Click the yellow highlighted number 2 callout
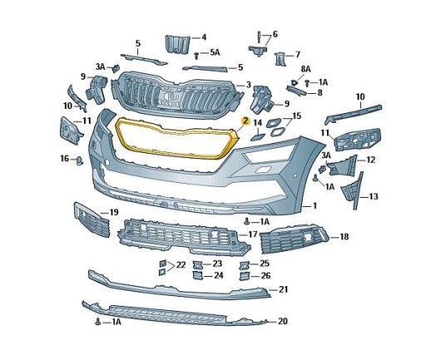[x=245, y=121]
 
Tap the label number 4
[x=204, y=37]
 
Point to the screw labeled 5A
[x=196, y=55]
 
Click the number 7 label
[x=297, y=55]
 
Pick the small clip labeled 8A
[x=294, y=82]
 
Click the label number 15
[x=296, y=116]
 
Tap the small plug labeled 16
[x=80, y=160]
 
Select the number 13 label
[x=374, y=196]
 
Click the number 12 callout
[x=371, y=160]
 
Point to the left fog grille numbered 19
[x=92, y=224]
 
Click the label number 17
[x=253, y=234]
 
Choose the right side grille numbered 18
[x=294, y=239]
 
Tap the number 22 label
[x=181, y=265]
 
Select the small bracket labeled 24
[x=197, y=276]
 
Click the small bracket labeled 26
[x=245, y=276]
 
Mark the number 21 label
[x=283, y=289]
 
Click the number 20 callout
[x=283, y=321]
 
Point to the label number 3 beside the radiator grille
[x=249, y=85]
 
